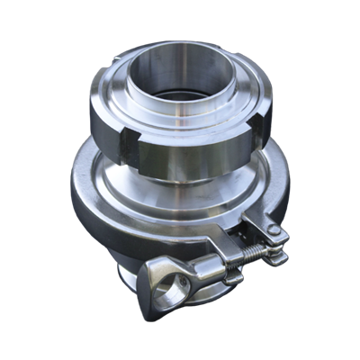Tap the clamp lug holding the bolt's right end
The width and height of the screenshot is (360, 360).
click(x=274, y=238)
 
